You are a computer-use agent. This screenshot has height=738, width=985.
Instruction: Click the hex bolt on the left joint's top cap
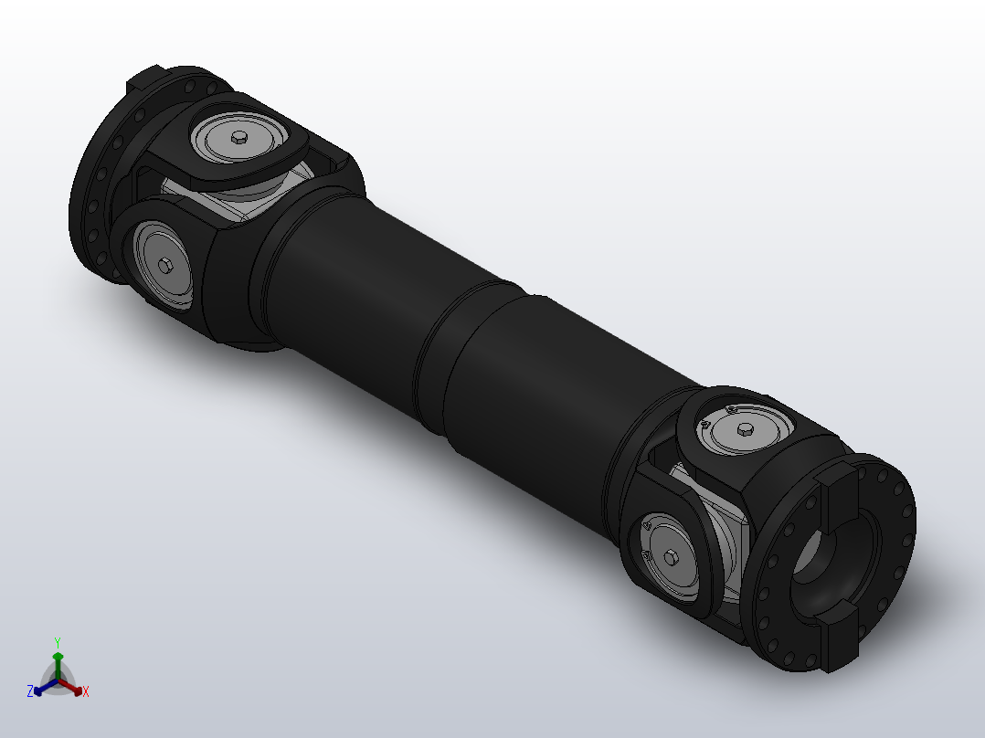tap(239, 137)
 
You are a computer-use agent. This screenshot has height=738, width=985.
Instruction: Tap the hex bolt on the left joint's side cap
tap(165, 266)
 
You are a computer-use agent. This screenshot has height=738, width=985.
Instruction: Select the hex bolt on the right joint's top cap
tap(743, 428)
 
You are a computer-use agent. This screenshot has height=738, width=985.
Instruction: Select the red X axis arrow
tap(75, 688)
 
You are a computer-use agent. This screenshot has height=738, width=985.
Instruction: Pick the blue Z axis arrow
tap(41, 689)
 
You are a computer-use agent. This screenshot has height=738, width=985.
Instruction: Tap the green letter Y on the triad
tap(58, 642)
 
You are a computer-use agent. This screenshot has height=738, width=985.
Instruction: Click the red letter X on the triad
tap(86, 692)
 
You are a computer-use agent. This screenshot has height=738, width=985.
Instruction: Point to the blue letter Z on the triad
tap(30, 692)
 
